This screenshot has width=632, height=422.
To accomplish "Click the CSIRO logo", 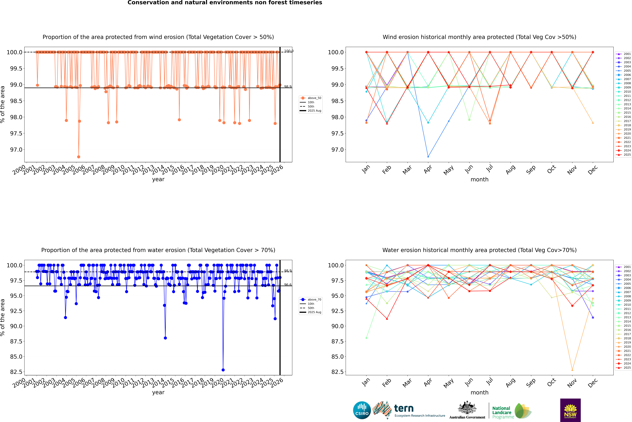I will [362, 410].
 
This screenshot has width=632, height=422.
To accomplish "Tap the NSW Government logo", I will [570, 410].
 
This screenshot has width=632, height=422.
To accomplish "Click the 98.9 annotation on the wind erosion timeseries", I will [288, 87].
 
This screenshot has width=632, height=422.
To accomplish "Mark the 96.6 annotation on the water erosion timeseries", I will [288, 285].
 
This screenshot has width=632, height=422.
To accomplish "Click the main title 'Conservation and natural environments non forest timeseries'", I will [225, 3].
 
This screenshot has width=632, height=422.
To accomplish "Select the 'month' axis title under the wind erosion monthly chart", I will [479, 180].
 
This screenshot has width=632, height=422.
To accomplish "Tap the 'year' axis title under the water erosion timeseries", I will [158, 392].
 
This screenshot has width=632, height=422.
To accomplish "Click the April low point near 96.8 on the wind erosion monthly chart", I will [428, 157].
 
